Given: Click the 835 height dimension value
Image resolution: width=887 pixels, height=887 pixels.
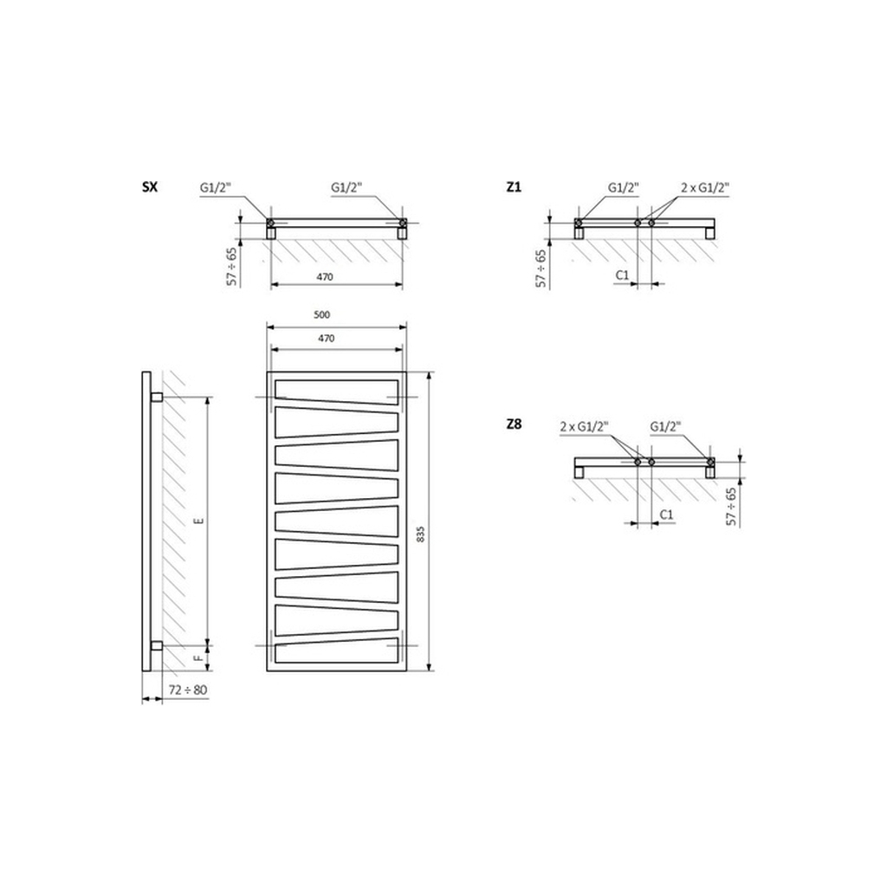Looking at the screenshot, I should (x=421, y=534).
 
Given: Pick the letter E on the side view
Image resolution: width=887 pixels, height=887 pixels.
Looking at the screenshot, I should (x=198, y=521).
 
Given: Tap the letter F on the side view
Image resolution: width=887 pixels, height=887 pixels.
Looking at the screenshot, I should (x=198, y=657).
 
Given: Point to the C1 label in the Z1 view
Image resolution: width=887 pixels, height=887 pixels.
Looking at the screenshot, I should (x=621, y=275).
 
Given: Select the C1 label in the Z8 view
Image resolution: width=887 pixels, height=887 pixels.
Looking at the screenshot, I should (x=666, y=515).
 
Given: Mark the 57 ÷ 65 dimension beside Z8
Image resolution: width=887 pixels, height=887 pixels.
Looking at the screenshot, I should (x=731, y=506).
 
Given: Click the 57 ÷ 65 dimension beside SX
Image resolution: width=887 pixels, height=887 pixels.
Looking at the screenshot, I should (x=231, y=267).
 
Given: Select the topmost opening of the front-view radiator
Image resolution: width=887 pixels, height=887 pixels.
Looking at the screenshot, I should (x=337, y=391).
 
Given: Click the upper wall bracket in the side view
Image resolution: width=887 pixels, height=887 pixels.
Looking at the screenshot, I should (x=156, y=397).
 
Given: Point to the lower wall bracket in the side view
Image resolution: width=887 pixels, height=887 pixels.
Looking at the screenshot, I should (x=156, y=645).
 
